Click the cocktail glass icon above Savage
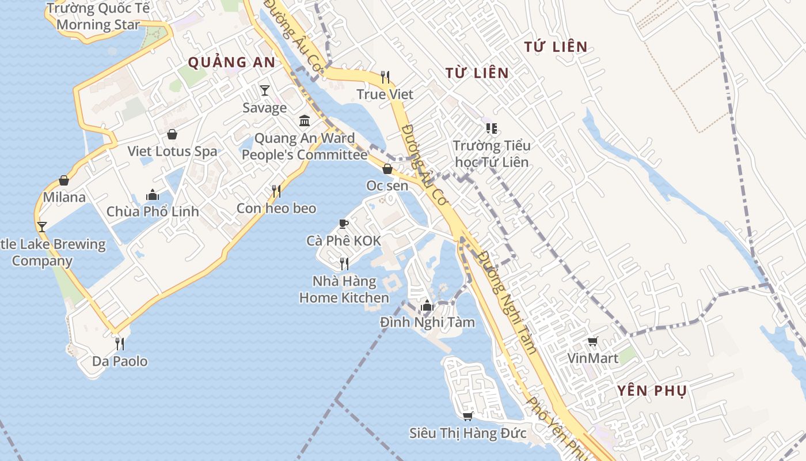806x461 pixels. (x=265, y=90)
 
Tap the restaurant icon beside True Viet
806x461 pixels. (x=385, y=77)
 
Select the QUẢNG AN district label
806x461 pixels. (x=232, y=62)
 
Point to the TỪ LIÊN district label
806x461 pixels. (x=477, y=73)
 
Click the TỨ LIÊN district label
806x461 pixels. (x=556, y=47)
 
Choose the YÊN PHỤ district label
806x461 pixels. (x=652, y=391)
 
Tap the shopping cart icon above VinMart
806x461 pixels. (x=593, y=341)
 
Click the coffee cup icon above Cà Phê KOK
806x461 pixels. (x=344, y=224)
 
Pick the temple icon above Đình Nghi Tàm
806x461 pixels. (x=427, y=305)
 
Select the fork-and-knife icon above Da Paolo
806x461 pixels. (x=120, y=344)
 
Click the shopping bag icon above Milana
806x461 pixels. (x=64, y=180)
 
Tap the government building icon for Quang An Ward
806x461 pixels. (x=305, y=121)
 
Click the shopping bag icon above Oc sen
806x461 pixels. (x=387, y=169)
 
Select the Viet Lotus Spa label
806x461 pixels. (x=173, y=152)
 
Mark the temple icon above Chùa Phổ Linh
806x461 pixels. (x=153, y=195)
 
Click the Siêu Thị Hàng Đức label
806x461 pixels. (x=468, y=433)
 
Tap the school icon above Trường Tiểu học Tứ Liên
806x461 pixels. (x=491, y=128)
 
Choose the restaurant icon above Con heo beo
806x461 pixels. (x=276, y=191)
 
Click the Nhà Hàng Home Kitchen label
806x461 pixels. (x=344, y=290)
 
